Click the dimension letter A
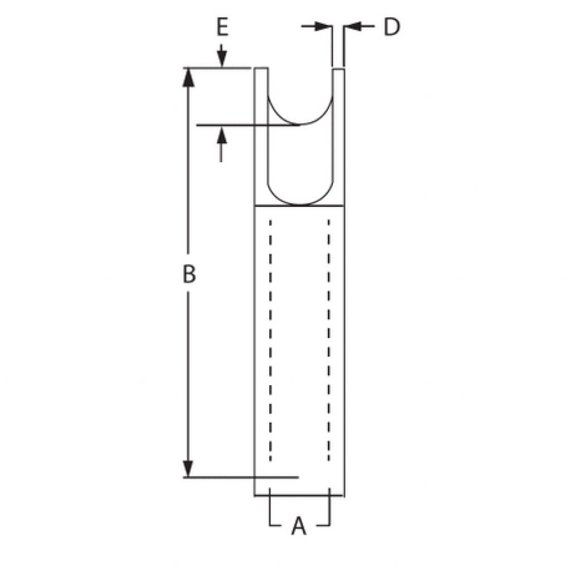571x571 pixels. pos(299,525)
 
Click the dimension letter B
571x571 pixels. pos(189,274)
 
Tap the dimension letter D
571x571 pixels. pos(391,27)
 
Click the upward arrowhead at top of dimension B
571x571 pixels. pos(189,77)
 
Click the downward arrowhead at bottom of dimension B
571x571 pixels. pos(189,469)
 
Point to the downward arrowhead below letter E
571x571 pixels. pos(222,60)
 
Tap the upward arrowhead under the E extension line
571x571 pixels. pos(222,134)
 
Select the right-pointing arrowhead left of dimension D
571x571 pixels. pos(325,26)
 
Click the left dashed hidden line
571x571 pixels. pos(270,340)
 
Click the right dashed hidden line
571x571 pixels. pos(329,340)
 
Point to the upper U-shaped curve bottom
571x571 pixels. pos(301,124)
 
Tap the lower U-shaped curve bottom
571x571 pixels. pos(301,205)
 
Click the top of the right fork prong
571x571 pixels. pos(338,69)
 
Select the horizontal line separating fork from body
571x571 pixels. pos(299,206)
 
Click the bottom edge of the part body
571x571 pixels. pos(299,496)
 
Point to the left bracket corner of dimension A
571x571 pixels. pos(270,524)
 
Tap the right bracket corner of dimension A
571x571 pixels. pos(330,524)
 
